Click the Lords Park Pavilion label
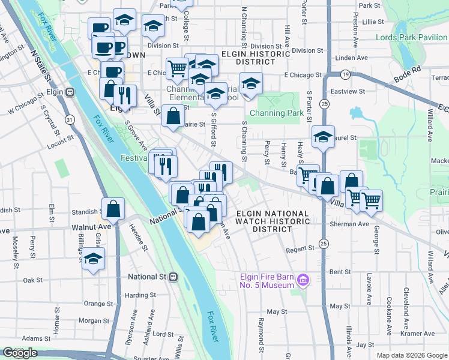(411, 37)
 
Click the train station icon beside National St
(173, 277)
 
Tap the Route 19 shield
(345, 74)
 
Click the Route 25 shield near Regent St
(324, 244)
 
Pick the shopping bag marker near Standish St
(113, 209)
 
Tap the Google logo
(20, 353)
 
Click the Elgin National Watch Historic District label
(273, 221)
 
